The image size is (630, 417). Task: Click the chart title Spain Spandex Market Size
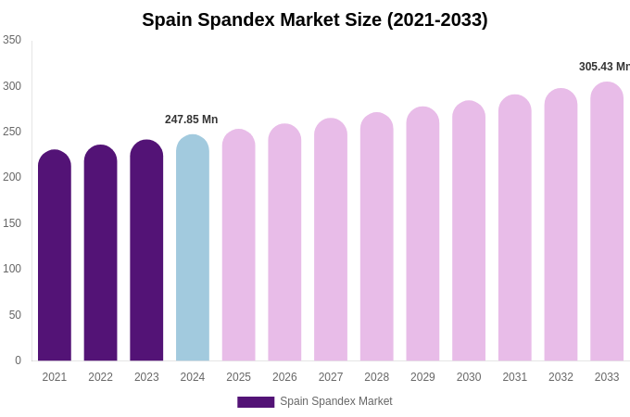(315, 19)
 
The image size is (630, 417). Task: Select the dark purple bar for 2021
(55, 259)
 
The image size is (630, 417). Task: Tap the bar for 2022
(100, 257)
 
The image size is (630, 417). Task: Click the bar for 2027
(331, 243)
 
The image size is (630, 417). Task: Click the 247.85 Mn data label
(191, 120)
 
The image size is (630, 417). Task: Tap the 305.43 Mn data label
(604, 67)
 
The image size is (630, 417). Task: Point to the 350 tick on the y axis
(12, 40)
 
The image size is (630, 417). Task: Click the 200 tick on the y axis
(12, 177)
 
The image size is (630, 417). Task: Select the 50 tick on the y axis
(15, 315)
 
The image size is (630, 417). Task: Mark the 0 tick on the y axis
(18, 360)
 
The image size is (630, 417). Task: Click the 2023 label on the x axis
(146, 377)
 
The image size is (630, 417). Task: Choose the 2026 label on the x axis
(284, 377)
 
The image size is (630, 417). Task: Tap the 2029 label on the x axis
(422, 377)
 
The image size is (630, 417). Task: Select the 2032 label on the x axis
(561, 377)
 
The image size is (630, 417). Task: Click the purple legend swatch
(256, 402)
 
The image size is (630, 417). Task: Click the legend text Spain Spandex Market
(336, 401)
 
